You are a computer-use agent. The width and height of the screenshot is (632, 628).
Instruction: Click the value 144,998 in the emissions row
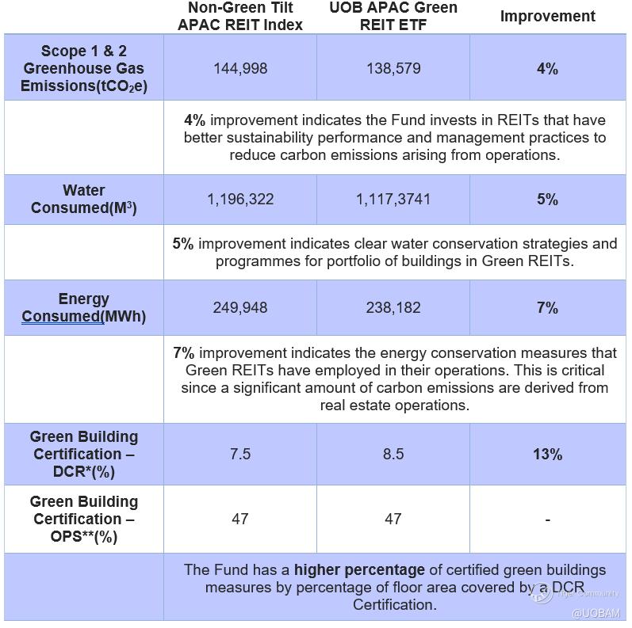239,69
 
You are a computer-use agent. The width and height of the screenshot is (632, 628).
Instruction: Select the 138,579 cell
393,69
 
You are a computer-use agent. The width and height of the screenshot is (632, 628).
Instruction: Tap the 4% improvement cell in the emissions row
547,69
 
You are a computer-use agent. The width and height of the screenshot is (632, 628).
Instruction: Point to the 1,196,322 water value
240,200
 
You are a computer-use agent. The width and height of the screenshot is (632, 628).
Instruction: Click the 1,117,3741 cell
393,200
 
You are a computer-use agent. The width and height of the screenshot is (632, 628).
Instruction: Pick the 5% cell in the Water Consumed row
547,200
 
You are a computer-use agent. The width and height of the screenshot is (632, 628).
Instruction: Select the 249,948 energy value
239,308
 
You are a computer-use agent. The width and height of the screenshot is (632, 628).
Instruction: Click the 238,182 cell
393,308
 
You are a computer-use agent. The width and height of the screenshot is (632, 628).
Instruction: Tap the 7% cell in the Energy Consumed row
547,308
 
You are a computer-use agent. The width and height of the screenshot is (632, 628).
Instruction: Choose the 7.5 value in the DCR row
239,455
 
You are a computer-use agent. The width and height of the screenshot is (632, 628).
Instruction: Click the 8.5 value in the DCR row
393,455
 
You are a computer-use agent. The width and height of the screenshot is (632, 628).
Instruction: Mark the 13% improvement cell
547,455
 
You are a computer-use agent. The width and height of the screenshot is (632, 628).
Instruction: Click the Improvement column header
547,17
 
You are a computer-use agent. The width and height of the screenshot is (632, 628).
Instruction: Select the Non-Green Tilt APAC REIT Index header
239,16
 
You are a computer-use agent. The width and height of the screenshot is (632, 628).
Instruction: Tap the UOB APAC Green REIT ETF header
393,16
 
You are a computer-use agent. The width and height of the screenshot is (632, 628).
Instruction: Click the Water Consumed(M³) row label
83,200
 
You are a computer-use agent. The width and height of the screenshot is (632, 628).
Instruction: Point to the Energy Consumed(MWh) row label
83,308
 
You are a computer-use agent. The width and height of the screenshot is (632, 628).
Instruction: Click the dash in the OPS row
547,520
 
